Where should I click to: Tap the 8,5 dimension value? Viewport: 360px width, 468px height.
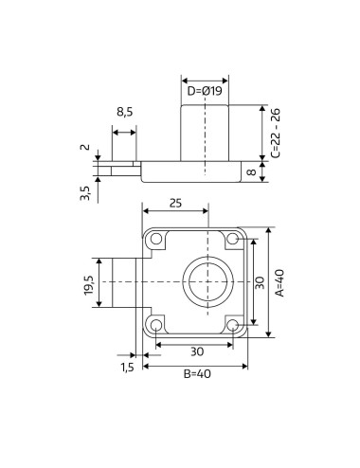pos(124,112)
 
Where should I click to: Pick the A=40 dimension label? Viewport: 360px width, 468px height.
pos(279,282)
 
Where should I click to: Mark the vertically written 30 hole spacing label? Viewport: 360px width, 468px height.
pos(261,282)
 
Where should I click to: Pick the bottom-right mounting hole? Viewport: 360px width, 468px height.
pos(233,325)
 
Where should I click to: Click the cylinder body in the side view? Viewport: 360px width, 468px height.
pos(205,133)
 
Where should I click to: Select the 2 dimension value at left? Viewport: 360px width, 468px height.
pos(85,148)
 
